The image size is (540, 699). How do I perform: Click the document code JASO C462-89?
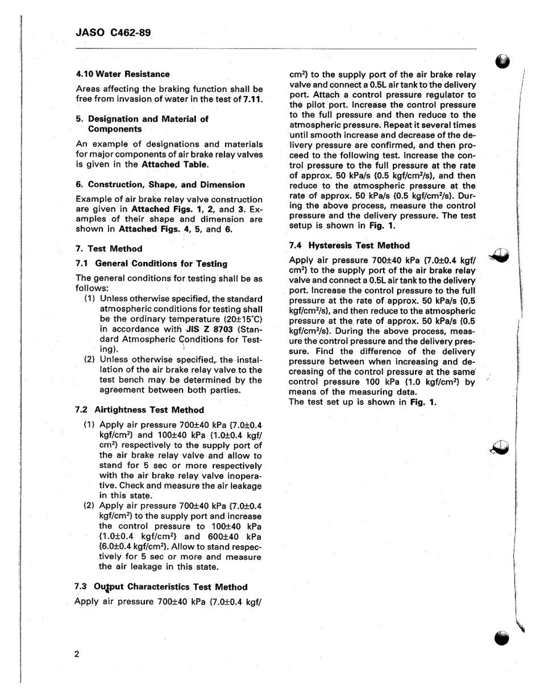(113, 32)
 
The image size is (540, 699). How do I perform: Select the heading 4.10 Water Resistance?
(123, 74)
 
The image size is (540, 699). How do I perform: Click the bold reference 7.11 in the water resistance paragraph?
(252, 99)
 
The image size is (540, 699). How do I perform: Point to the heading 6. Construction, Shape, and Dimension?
(160, 185)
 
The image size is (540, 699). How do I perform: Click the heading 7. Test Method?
(109, 248)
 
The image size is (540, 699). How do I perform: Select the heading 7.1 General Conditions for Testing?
(151, 263)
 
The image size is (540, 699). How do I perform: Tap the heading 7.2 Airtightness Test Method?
(139, 409)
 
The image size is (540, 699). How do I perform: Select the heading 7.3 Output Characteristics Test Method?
(161, 586)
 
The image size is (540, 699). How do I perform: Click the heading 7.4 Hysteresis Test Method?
(349, 246)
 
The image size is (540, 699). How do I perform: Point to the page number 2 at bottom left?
(76, 654)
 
